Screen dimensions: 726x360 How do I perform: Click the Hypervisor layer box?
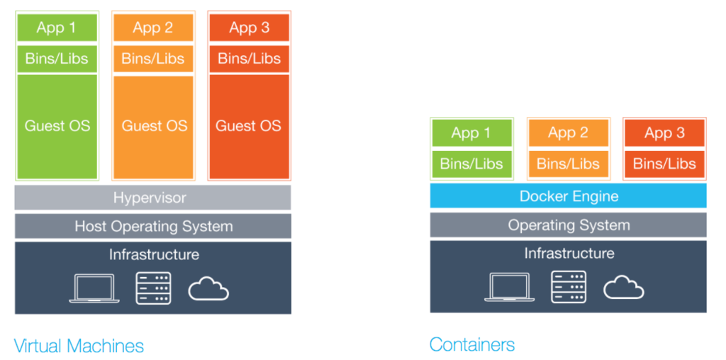153,198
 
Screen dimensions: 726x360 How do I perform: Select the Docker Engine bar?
568,196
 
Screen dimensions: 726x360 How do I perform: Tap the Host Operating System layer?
153,226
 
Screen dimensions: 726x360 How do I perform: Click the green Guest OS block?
57,126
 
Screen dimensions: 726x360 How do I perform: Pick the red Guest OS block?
249,126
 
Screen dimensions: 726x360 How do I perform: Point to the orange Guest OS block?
153,126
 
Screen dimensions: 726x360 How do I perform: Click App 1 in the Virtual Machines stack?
57,28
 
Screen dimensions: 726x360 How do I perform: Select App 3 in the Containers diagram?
664,133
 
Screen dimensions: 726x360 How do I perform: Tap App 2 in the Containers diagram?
568,133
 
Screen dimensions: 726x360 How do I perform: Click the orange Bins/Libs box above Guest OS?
153,58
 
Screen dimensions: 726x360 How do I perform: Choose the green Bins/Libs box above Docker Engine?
471,164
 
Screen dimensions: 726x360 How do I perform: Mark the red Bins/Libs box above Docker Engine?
664,164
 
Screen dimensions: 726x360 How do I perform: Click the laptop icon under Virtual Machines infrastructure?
94,288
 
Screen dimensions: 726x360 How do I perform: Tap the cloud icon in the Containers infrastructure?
624,287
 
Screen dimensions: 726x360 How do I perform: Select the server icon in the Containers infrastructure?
568,287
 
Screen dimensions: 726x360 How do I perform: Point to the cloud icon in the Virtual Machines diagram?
208,288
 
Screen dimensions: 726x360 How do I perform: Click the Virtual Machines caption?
79,346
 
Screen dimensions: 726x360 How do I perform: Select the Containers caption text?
472,344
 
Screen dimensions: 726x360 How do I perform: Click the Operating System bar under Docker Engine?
568,225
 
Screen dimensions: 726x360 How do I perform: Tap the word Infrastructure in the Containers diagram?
569,253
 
